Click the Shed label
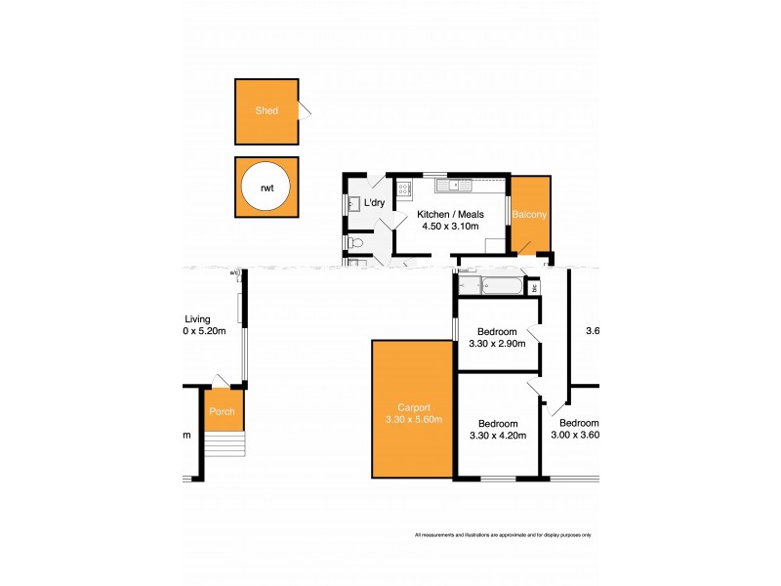click(x=266, y=110)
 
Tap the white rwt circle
click(x=266, y=187)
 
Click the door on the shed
click(x=304, y=110)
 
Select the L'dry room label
click(x=376, y=203)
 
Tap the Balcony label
click(x=530, y=214)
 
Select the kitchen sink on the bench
click(x=450, y=184)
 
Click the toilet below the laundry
click(x=355, y=241)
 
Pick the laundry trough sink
click(x=354, y=203)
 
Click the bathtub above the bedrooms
click(x=498, y=286)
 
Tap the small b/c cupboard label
click(x=534, y=288)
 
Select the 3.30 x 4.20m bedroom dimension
click(x=498, y=436)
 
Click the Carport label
click(x=413, y=408)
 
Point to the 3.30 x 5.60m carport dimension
click(x=413, y=421)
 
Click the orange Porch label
click(x=222, y=411)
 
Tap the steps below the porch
click(x=225, y=445)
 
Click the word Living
click(x=198, y=318)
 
